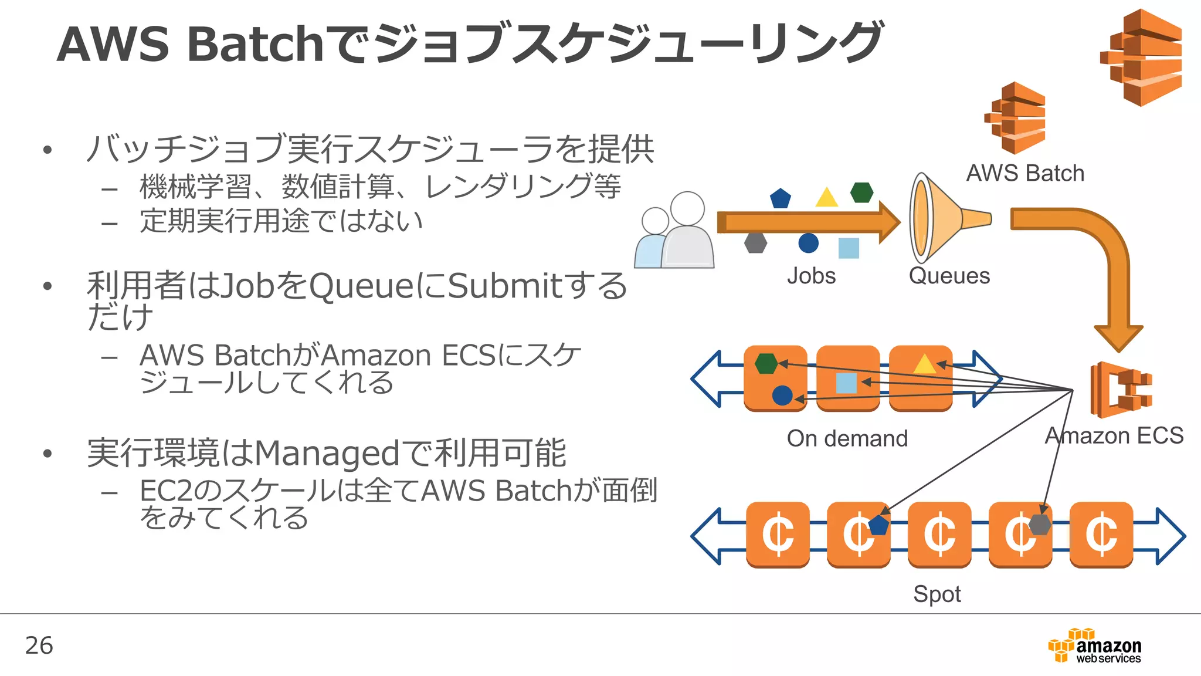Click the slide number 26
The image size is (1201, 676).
[x=39, y=645]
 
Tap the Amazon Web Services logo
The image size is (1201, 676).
[x=1095, y=647]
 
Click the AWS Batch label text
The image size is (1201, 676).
[x=1025, y=173]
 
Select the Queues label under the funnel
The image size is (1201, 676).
[x=949, y=276]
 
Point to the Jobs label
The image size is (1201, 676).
[x=811, y=276]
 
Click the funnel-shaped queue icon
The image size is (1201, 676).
[x=941, y=218]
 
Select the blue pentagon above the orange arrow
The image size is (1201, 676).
[x=781, y=198]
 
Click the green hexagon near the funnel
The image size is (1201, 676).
[x=862, y=192]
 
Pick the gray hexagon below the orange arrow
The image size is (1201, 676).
[x=755, y=242]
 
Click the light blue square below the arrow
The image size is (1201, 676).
[x=849, y=248]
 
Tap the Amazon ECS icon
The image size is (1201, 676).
[x=1120, y=390]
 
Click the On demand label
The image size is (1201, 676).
[x=847, y=438]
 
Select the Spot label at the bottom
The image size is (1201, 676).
[x=937, y=594]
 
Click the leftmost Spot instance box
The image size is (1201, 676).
[x=778, y=535]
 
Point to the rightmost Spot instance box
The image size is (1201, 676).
[x=1101, y=535]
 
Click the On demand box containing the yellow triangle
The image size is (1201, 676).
[x=920, y=378]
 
